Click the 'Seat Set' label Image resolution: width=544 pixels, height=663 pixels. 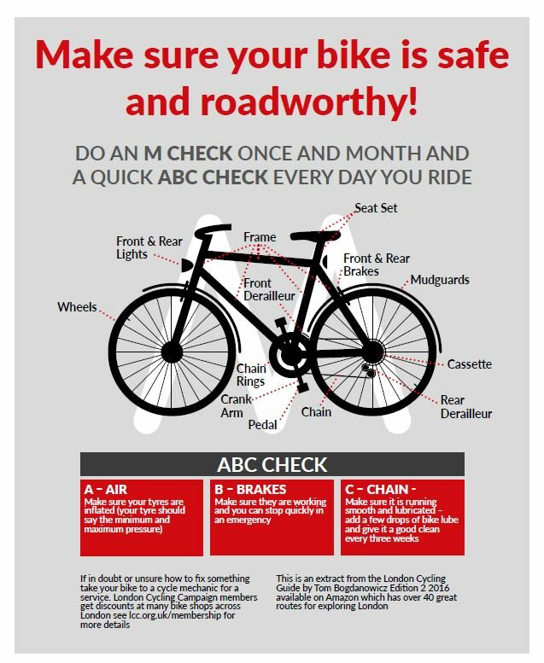point(376,208)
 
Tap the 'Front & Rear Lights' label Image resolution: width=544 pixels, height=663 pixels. point(149,247)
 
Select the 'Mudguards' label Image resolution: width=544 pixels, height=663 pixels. point(439,280)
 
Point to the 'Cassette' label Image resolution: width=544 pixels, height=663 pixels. point(469,364)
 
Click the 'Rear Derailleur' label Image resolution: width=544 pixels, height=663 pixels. point(465,407)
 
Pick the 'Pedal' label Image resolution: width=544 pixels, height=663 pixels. point(263,424)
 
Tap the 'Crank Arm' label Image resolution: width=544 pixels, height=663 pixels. point(232,406)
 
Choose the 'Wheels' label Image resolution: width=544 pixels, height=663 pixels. point(77,307)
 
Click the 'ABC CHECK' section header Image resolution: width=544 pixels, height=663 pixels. point(272,465)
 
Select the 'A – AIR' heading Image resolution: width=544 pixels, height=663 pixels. point(106,489)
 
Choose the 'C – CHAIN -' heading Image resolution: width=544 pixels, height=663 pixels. point(380,489)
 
